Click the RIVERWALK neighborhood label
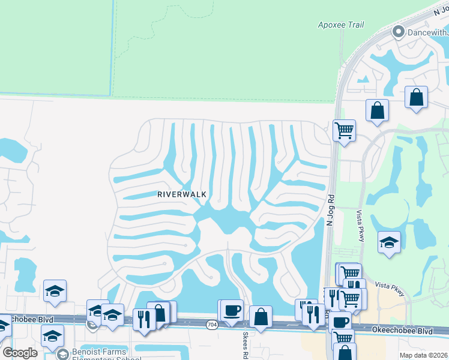point(182,194)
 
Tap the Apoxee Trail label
point(341,25)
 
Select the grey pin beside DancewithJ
point(396,31)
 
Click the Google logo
point(20,353)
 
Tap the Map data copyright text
point(423,355)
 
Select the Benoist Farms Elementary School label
point(99,354)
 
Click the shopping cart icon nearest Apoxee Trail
point(344,130)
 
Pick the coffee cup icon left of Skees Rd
point(232,310)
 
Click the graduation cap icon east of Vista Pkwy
point(389,242)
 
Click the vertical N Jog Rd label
point(330,210)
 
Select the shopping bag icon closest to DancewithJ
point(416,97)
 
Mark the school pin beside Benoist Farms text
point(62,355)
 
